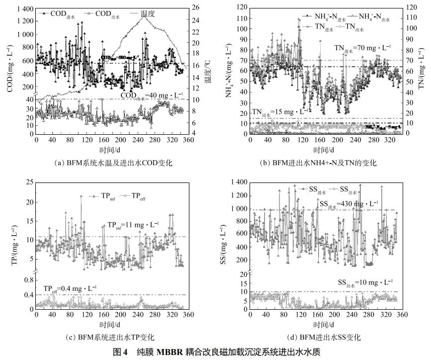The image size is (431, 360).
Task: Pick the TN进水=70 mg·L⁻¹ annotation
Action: pyautogui.click(x=362, y=48)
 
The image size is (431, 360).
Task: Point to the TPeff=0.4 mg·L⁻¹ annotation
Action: pyautogui.click(x=70, y=288)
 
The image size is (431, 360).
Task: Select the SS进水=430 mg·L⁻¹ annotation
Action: pyautogui.click(x=348, y=203)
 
